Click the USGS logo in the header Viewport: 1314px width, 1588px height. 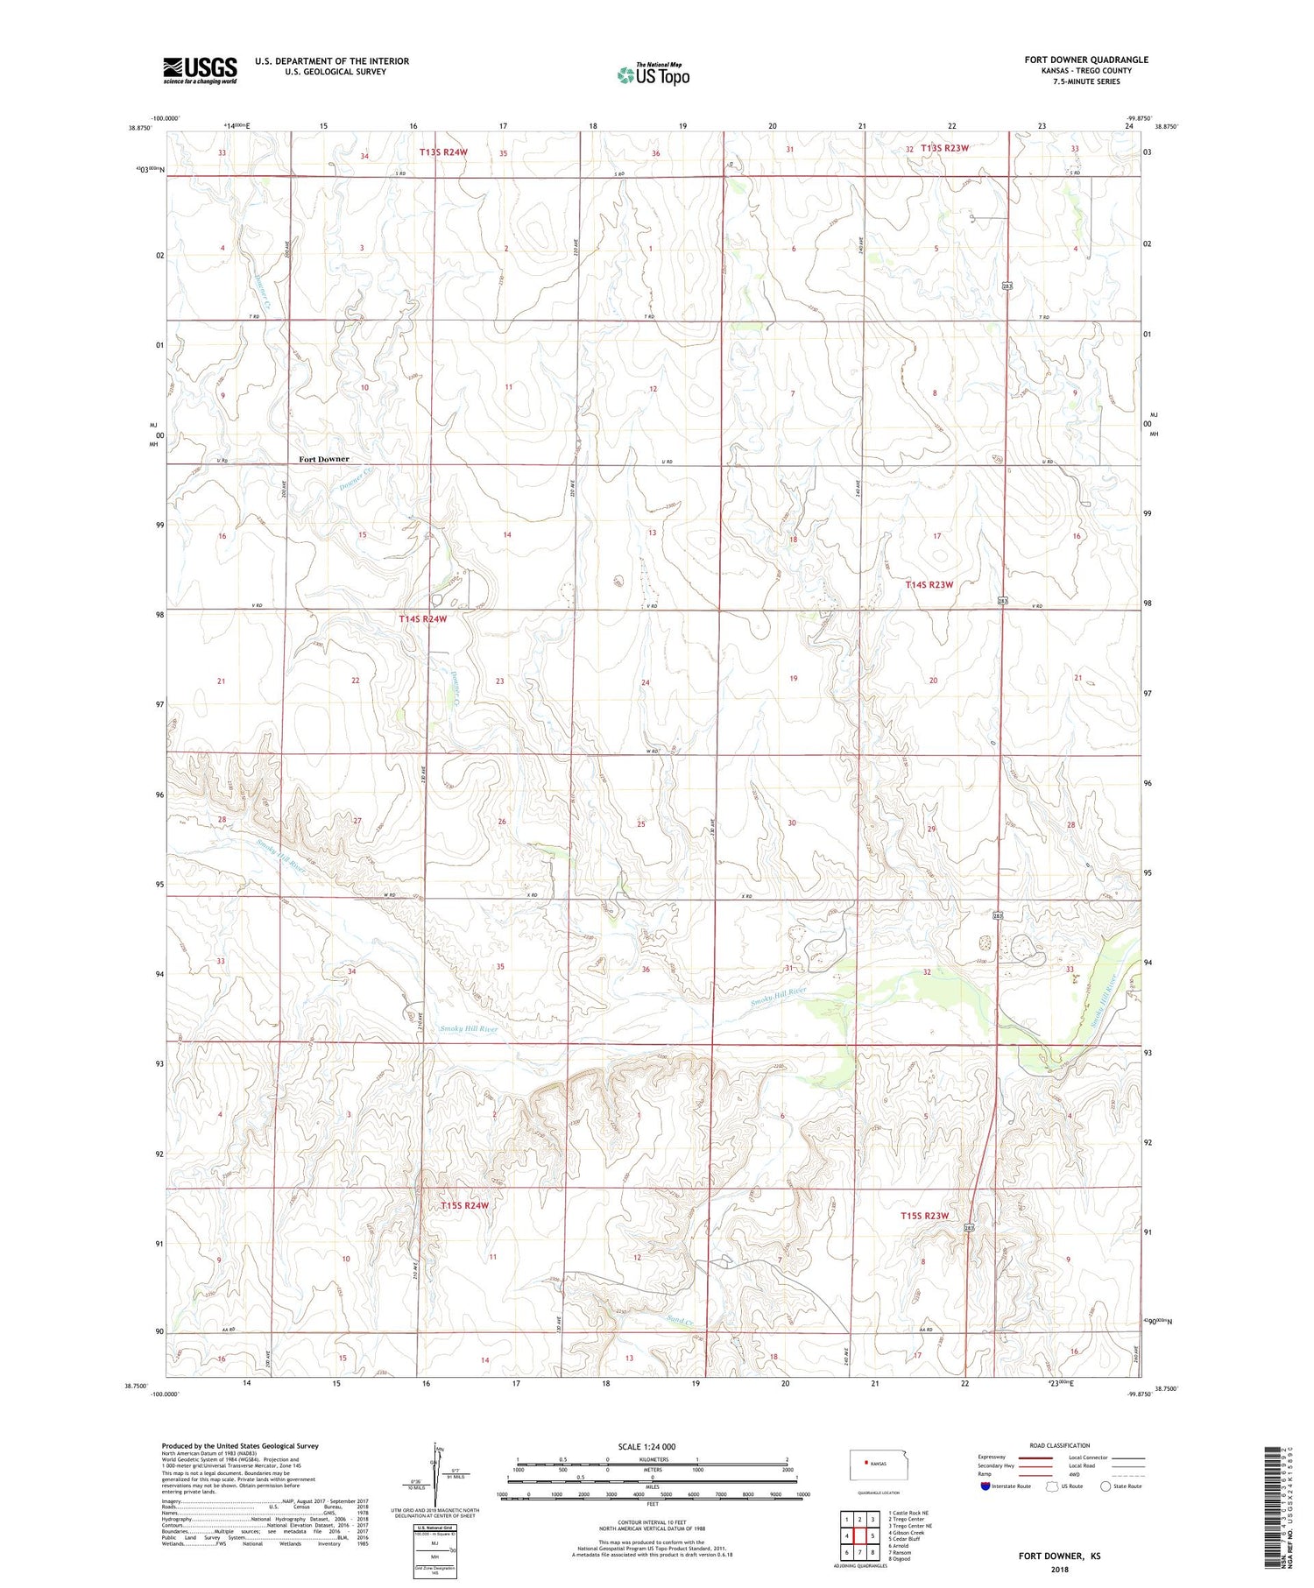tap(200, 70)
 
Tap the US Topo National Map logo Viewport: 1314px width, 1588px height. tap(653, 74)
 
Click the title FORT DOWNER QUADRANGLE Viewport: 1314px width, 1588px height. tap(1085, 60)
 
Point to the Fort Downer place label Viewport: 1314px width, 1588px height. tap(323, 459)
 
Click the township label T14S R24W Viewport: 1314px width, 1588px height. tap(422, 619)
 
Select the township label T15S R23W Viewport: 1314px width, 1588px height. tap(925, 1216)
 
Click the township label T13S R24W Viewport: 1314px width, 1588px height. tap(443, 152)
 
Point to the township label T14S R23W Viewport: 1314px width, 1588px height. tap(929, 584)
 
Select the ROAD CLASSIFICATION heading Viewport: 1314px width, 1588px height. tap(1060, 1445)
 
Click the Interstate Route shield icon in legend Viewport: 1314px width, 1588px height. tap(985, 1486)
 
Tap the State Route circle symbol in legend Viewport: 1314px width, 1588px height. tap(1106, 1486)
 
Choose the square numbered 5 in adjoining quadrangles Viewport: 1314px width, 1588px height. tap(872, 1535)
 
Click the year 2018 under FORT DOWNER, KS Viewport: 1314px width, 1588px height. tap(1059, 1563)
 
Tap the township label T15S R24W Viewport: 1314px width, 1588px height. tap(464, 1205)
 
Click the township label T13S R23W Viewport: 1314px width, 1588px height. tap(944, 148)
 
